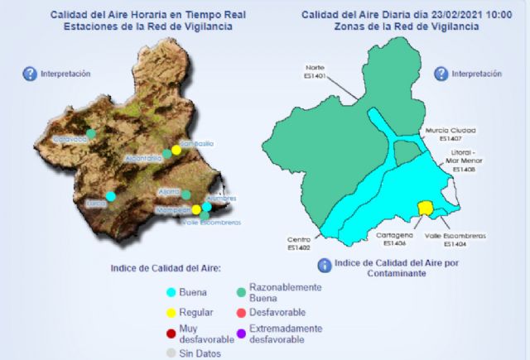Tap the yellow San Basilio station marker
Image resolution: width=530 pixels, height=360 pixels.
(x=176, y=150)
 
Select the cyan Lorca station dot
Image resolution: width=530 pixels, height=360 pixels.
(x=110, y=196)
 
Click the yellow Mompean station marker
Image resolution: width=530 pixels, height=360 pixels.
(x=196, y=209)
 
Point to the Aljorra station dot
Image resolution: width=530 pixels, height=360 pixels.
(x=186, y=196)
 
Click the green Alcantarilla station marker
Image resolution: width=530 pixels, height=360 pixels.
(x=166, y=153)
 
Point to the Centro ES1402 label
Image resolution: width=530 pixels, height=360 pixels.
(x=299, y=242)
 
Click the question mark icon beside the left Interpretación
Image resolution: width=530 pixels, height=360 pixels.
(x=30, y=74)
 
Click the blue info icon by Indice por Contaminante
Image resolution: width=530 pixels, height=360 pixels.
(x=325, y=265)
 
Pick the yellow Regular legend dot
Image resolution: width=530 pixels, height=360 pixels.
(x=171, y=313)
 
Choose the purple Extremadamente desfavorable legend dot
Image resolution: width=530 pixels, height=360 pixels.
(x=241, y=334)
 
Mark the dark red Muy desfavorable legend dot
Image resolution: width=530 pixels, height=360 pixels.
(x=171, y=334)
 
